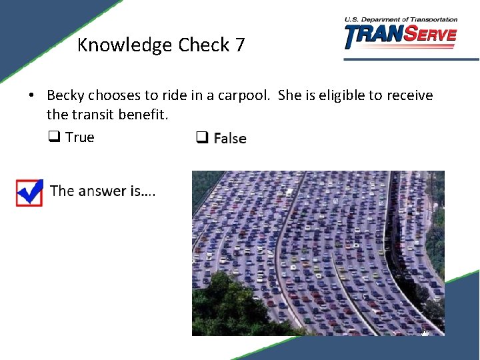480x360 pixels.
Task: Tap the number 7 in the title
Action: tap(239, 45)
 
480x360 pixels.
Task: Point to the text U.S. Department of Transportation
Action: tap(401, 20)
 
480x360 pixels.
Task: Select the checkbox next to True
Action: tap(53, 137)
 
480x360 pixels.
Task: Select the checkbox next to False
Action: tap(201, 138)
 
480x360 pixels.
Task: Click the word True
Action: tap(80, 137)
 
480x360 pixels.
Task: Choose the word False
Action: tap(230, 139)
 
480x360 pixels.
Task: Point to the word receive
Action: tap(408, 95)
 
